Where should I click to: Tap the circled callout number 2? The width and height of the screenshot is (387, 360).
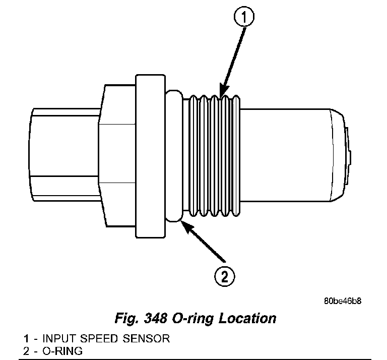click(224, 276)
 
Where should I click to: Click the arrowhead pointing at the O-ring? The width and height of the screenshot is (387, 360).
click(184, 225)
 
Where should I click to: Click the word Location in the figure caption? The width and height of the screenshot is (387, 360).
click(247, 319)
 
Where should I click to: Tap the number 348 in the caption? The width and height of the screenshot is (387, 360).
click(155, 319)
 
